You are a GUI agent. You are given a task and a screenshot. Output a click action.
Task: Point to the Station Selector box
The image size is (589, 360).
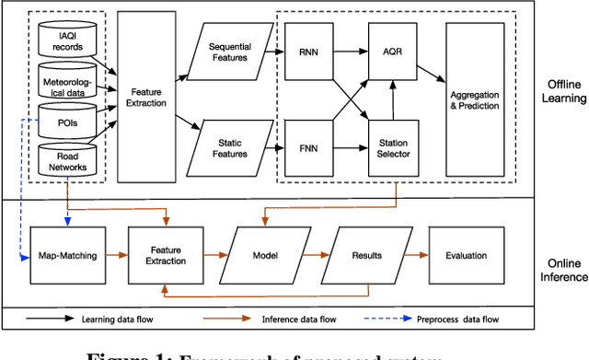pos(394,147)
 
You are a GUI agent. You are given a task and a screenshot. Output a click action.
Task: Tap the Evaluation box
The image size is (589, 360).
pos(467,255)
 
